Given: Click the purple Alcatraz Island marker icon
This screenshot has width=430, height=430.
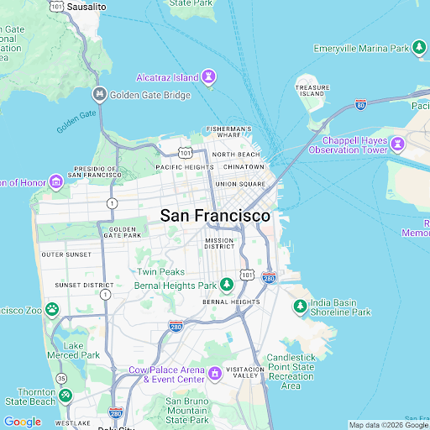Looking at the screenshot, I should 209,77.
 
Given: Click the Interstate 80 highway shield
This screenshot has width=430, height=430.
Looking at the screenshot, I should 360,105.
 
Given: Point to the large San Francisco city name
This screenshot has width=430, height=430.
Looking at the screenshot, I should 215,216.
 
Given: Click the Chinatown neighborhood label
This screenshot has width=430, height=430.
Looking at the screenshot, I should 244,166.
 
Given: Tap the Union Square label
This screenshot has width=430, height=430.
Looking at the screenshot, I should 240,183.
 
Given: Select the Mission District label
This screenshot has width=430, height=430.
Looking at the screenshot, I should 219,244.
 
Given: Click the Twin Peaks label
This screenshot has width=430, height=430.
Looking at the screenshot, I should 161,272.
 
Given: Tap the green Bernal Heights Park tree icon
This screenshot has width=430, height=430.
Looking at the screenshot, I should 226,286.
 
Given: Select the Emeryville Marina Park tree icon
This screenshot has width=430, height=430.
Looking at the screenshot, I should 418,48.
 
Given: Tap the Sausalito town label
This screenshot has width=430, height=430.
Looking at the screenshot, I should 87,6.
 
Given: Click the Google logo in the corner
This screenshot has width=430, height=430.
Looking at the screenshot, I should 22,422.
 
